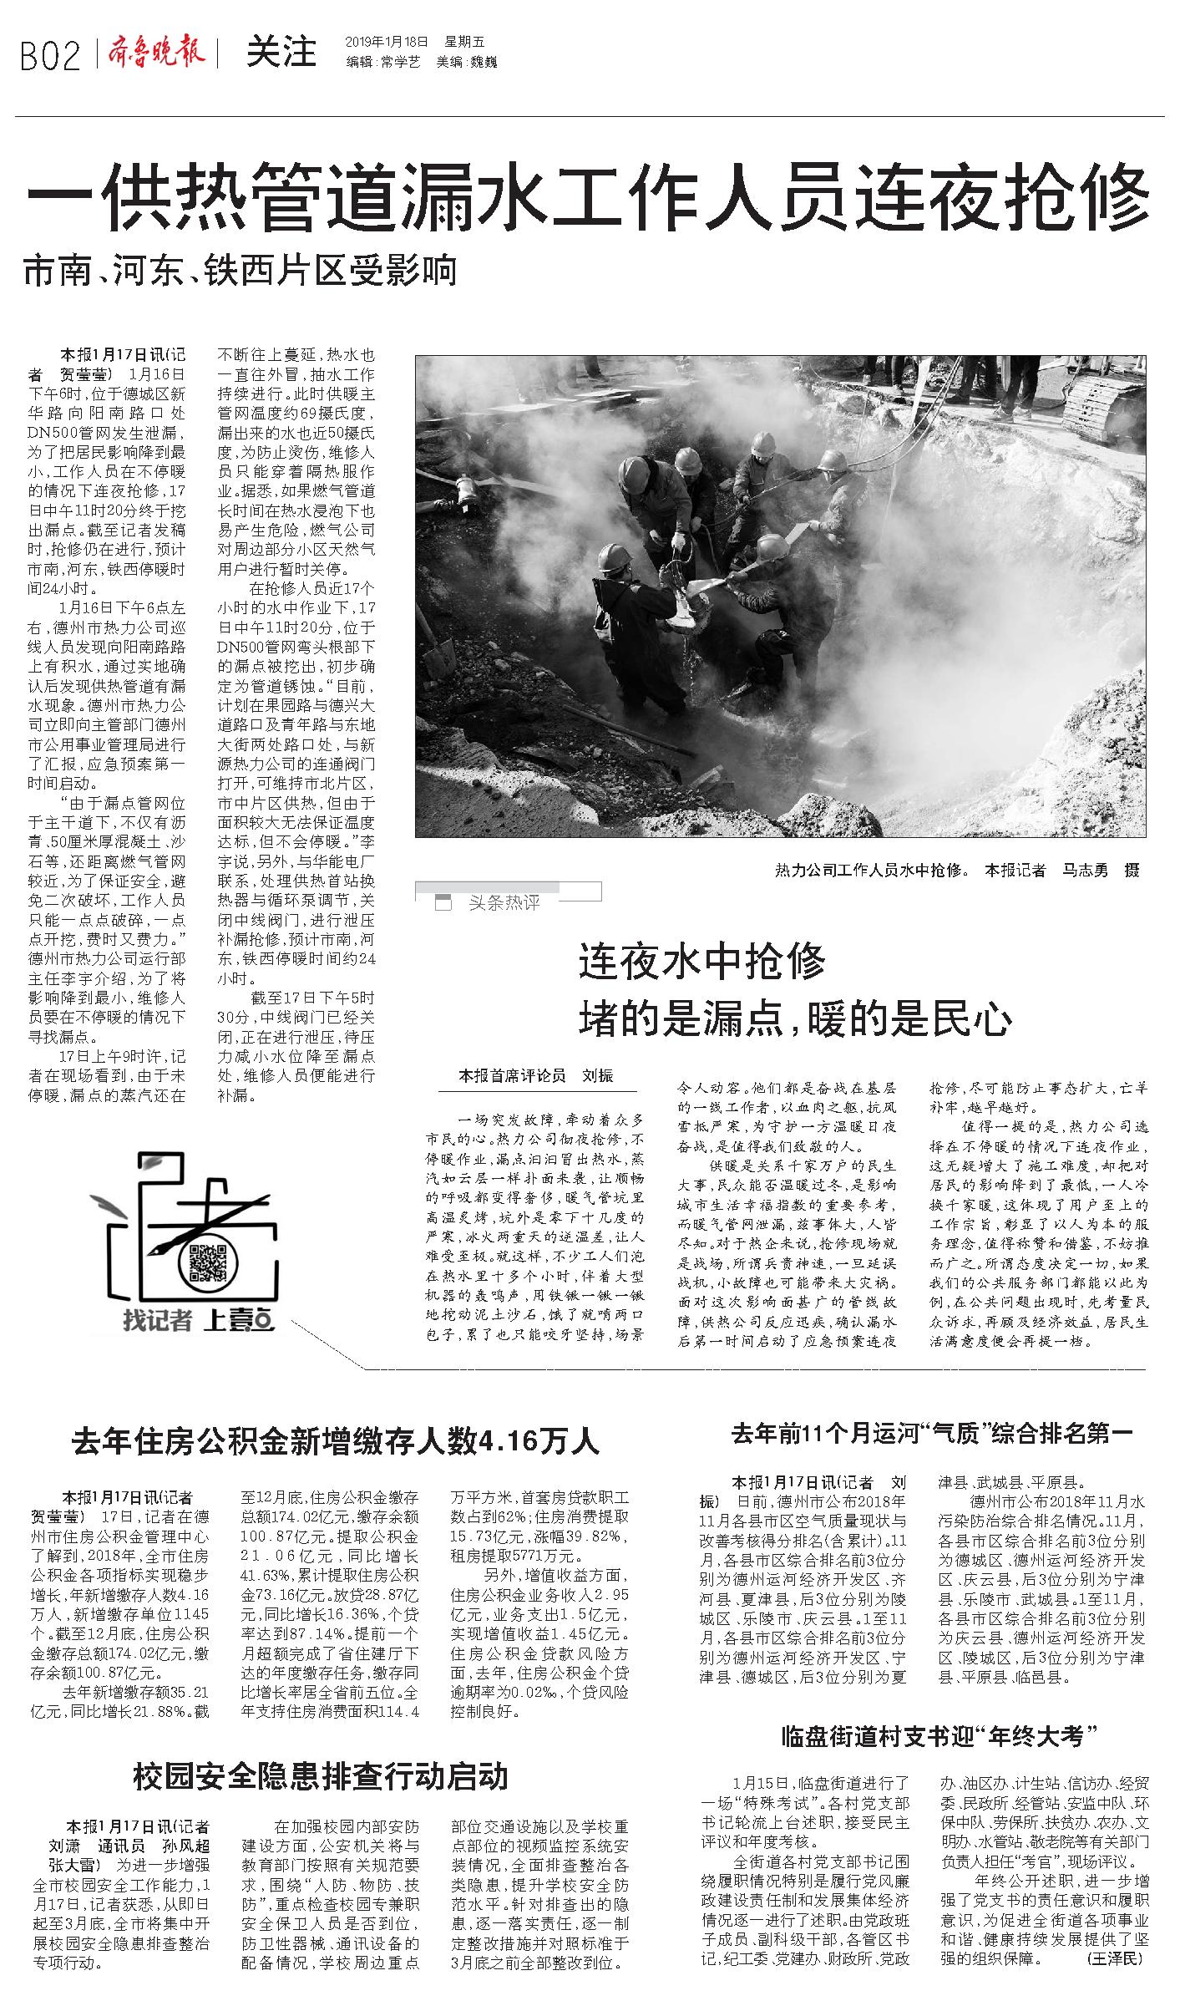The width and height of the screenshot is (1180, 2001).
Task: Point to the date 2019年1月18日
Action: click(386, 42)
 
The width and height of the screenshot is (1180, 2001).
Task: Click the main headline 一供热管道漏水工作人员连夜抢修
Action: click(589, 198)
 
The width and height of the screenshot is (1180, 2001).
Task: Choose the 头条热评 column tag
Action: click(504, 903)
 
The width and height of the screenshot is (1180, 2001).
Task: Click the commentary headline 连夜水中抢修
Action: click(701, 962)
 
